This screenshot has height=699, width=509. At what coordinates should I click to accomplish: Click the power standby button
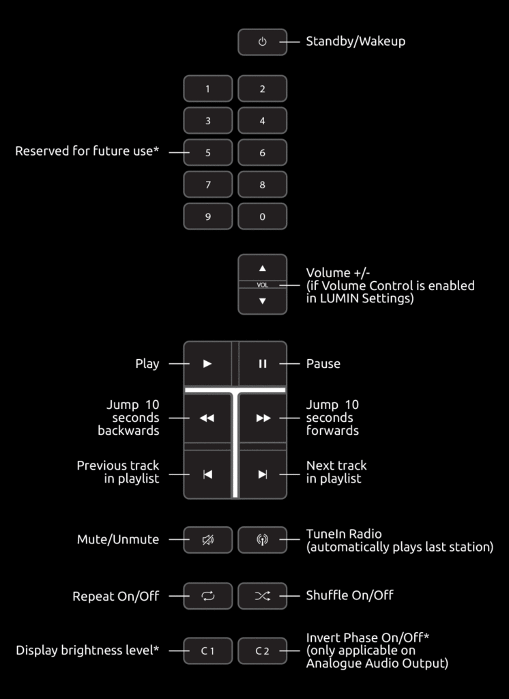coord(262,42)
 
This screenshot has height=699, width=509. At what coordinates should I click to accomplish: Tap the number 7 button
coord(208,184)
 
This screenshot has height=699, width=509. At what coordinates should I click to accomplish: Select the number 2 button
coord(262,89)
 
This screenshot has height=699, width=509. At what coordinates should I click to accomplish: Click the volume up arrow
coord(262,268)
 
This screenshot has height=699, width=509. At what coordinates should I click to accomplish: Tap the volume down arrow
coord(262,301)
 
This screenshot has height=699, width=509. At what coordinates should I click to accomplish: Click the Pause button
coord(262,364)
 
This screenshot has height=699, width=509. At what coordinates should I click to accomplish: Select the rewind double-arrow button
coord(207,418)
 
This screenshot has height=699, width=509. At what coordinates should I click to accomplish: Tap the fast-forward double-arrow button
coord(263,418)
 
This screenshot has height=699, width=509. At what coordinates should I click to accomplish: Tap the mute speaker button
coord(207,540)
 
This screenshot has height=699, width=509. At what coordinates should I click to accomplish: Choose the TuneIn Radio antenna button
coord(262,540)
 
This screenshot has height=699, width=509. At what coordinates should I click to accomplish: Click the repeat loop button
coord(207,596)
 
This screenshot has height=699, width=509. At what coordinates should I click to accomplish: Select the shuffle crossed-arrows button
coord(262,596)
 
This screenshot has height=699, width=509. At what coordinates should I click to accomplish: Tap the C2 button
coord(262,651)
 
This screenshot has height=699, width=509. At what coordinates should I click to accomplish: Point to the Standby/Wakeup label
coord(355,42)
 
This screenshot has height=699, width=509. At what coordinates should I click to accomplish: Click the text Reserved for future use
coord(87,152)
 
